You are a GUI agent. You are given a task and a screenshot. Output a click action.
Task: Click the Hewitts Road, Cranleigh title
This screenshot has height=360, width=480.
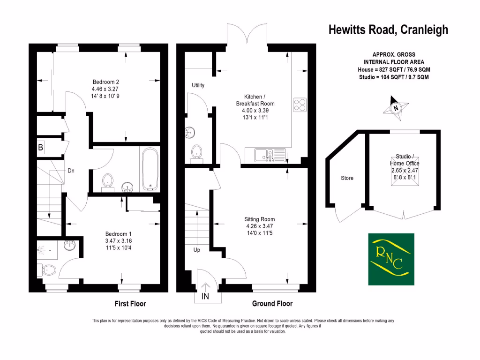coord(388,30)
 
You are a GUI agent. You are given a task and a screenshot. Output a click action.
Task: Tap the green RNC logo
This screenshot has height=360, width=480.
coord(390,259)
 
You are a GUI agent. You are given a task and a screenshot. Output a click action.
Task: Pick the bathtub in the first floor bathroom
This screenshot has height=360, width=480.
coord(150,168)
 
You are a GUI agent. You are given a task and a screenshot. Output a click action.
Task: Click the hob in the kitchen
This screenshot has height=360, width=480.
coord(300,105)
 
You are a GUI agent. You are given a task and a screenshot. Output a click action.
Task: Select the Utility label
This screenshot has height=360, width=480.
coord(198,85)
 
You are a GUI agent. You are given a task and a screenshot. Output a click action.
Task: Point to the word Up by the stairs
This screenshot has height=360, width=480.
coord(197,250)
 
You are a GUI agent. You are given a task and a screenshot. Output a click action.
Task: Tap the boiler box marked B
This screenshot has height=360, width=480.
coord(41,148)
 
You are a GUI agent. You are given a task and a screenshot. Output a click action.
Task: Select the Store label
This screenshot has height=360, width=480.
coord(347,178)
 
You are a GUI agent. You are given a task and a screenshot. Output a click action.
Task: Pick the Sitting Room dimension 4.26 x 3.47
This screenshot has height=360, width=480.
coord(259,226)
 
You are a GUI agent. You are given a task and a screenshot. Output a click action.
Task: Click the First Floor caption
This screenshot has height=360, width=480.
coord(130,304)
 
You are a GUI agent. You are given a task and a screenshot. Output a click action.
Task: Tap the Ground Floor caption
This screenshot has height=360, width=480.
coord(272,304)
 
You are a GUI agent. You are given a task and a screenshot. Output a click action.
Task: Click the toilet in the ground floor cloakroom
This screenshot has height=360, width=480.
coord(196,152)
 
